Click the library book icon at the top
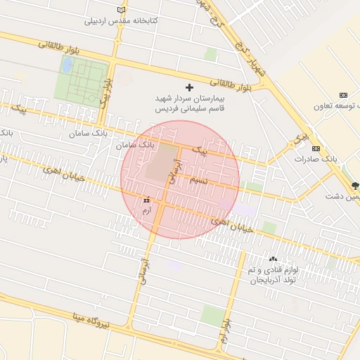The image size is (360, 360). (x=122, y=10)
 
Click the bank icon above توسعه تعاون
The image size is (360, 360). (x=343, y=95)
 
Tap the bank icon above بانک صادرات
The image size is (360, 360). (x=316, y=148)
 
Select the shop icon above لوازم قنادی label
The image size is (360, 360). (x=273, y=260)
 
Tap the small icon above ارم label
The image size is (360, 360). (x=146, y=200)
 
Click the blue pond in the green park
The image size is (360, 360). (x=67, y=65)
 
